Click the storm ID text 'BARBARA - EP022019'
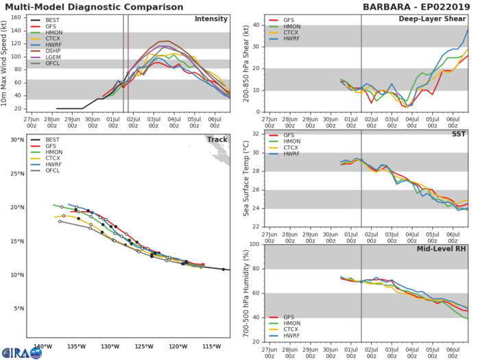(416, 6)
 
